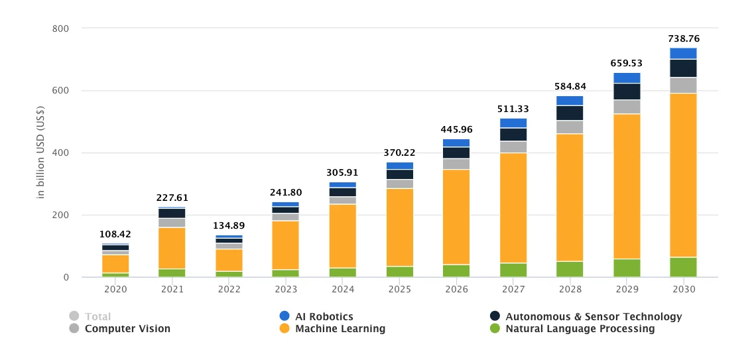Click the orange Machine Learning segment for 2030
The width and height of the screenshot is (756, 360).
[683, 175]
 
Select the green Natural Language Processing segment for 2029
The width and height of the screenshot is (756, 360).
[626, 268]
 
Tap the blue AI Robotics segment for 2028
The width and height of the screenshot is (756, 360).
[570, 101]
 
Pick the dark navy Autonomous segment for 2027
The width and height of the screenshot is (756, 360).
[513, 135]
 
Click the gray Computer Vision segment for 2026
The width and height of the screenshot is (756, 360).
[456, 164]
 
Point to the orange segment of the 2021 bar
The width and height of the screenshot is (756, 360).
[172, 248]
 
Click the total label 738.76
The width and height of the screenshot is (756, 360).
[683, 38]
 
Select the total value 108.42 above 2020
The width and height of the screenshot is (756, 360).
[115, 234]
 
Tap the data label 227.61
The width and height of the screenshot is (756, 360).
[172, 198]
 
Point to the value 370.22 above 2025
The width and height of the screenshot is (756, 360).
[399, 152]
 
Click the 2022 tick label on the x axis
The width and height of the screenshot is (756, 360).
[229, 290]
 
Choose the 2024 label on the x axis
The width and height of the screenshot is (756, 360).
[342, 290]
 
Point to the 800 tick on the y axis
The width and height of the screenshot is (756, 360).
[61, 29]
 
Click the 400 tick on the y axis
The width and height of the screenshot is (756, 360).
[61, 153]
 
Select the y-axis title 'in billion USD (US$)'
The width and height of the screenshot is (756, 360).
[40, 152]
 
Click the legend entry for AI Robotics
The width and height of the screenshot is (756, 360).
[324, 317]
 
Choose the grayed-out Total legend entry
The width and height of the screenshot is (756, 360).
[97, 317]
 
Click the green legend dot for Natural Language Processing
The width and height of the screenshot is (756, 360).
[494, 329]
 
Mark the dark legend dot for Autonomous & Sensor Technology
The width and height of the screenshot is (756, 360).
[494, 317]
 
